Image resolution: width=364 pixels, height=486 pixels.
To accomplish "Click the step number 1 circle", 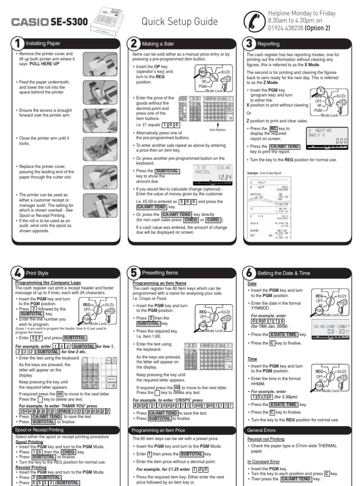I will (18, 44).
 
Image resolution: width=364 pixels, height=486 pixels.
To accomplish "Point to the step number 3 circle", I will (249, 44).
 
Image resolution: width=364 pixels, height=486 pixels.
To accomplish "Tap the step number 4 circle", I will (18, 273).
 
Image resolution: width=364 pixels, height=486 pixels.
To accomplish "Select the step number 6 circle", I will (249, 273).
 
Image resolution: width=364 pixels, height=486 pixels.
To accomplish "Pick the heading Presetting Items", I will (162, 273).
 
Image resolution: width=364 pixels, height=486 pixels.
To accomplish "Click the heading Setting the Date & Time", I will (283, 273).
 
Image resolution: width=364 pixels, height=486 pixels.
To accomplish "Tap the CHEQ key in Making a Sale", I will (191, 220).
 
